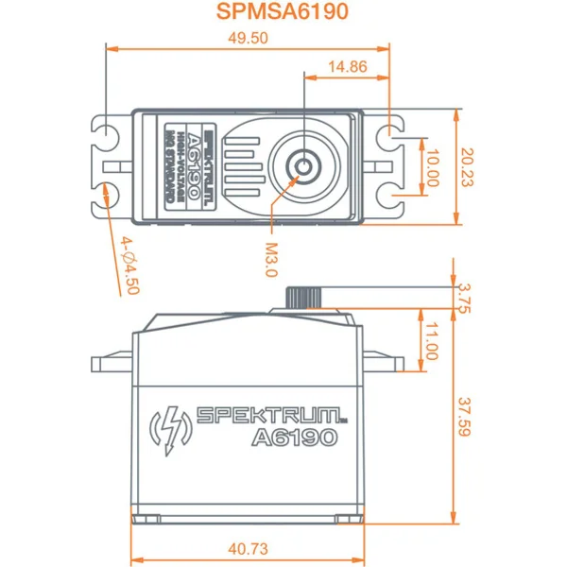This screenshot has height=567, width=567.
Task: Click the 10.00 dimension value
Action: (432, 167)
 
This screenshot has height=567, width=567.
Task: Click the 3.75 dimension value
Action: (462, 296)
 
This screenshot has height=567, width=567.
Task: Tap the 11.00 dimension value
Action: (432, 341)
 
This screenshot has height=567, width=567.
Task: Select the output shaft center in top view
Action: (303, 167)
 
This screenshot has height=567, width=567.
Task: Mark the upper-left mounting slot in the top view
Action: (107, 132)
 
